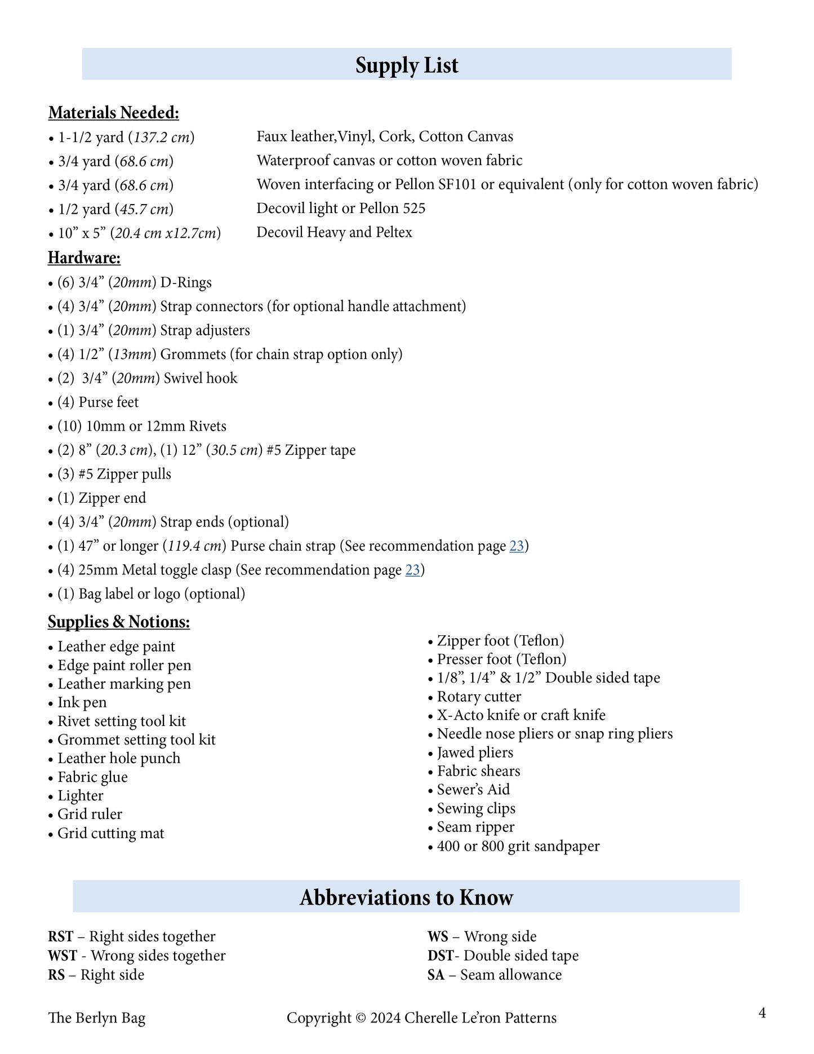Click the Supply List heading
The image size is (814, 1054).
click(407, 65)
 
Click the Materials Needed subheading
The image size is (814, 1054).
click(113, 113)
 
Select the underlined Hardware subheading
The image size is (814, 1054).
click(84, 258)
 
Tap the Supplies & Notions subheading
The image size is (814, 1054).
click(119, 622)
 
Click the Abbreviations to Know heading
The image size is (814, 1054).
click(406, 897)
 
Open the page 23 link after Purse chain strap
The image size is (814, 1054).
click(517, 546)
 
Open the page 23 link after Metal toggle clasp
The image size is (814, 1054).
click(412, 570)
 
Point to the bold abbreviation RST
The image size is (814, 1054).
click(61, 937)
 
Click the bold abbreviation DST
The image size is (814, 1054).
click(440, 956)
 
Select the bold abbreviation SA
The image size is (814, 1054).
click(436, 975)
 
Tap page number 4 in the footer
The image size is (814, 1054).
click(762, 1013)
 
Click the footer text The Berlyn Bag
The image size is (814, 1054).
click(97, 1018)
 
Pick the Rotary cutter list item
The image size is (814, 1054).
click(479, 697)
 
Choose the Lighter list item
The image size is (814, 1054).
click(81, 796)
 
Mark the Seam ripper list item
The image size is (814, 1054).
click(475, 827)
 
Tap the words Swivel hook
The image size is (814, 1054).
click(201, 378)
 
